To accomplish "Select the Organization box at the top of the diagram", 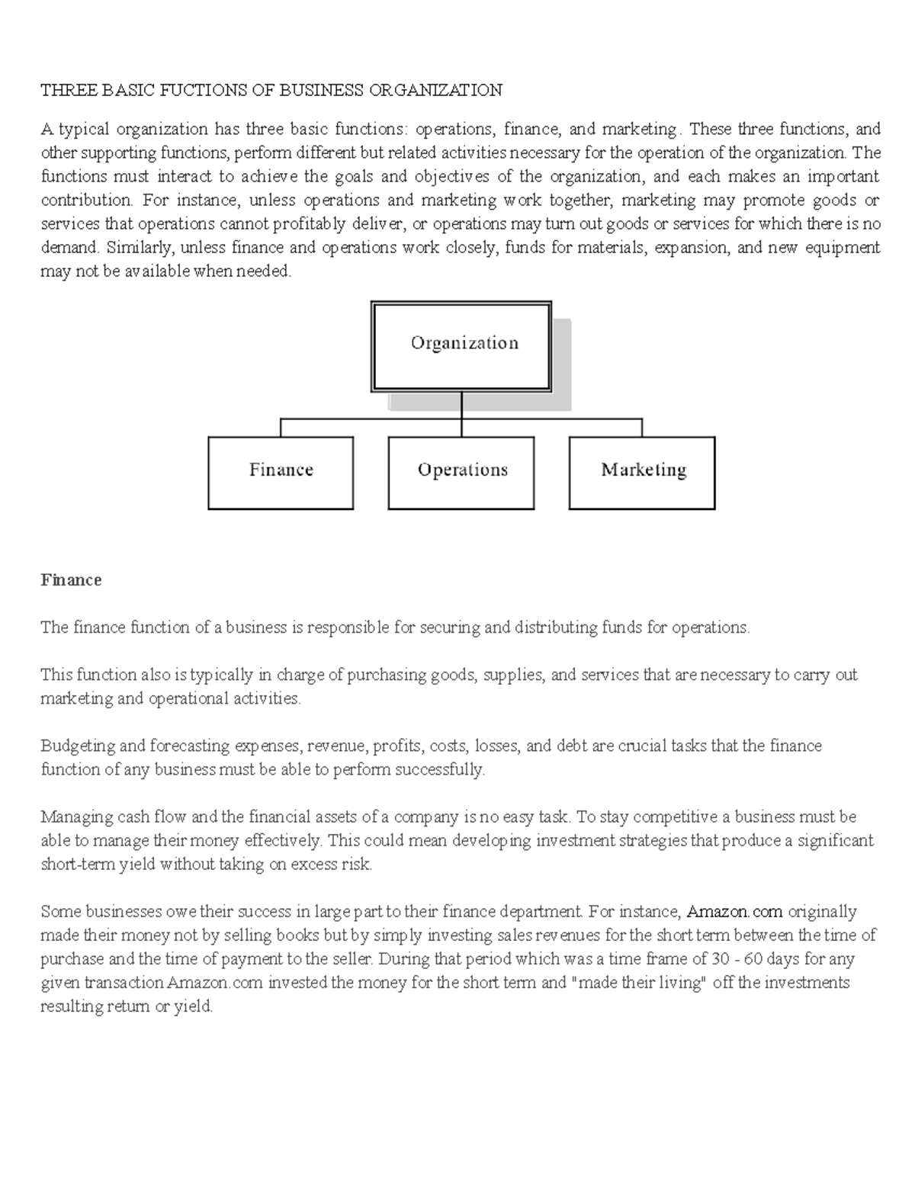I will (x=461, y=346).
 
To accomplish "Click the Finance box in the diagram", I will (x=281, y=472).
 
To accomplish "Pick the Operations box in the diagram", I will (x=461, y=472).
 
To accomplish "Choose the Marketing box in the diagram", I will (x=642, y=472).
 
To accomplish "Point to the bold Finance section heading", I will (x=71, y=580).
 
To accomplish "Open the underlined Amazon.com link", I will (x=735, y=912).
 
